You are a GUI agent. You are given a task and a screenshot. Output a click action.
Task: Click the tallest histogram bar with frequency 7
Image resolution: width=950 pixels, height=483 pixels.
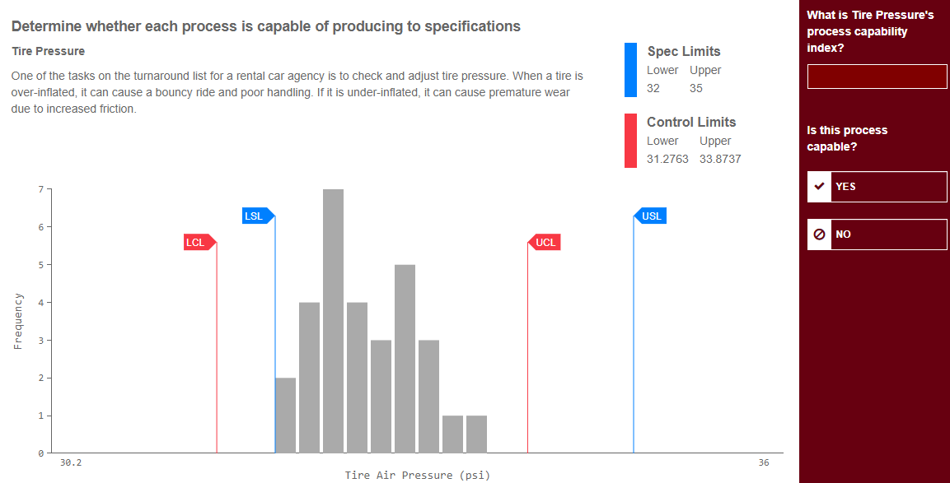coord(333,321)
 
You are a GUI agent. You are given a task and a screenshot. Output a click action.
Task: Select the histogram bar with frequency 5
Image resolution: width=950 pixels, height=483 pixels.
coord(405,358)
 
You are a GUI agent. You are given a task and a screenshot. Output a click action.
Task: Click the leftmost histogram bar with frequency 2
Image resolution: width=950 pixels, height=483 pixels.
coord(285,415)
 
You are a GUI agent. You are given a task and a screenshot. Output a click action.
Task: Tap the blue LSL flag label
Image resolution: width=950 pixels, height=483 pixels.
coord(254,216)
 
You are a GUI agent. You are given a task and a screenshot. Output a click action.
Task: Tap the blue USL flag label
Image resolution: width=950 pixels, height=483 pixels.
coord(651,216)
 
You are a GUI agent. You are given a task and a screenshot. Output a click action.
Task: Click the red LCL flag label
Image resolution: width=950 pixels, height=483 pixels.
coord(195,243)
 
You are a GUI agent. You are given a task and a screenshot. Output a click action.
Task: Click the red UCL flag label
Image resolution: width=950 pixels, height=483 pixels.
coord(545,243)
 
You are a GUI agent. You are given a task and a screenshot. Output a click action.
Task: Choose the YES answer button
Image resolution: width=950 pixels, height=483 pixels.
coord(877,187)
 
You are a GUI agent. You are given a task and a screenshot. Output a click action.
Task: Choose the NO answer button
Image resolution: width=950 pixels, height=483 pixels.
coord(877,235)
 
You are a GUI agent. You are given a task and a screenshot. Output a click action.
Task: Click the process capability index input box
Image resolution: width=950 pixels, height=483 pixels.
coord(877,77)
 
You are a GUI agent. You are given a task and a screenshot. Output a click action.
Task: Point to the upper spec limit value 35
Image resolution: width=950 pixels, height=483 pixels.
coord(696,88)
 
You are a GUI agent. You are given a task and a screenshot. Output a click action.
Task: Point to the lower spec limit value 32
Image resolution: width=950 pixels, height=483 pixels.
coord(653,88)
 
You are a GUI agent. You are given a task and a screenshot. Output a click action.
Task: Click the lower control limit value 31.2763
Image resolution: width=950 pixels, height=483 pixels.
coord(667,159)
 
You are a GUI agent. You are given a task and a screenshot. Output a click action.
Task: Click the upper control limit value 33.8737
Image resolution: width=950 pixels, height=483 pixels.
coord(720,159)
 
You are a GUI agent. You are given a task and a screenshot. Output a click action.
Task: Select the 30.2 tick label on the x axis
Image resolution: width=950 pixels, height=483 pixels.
coord(71,463)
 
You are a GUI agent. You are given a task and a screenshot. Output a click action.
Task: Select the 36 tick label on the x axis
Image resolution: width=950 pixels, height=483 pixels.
coord(764,463)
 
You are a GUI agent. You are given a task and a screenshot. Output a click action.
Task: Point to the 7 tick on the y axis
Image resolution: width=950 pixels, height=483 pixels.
coord(40,190)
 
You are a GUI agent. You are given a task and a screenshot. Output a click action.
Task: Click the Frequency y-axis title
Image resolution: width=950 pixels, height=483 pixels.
coord(17,321)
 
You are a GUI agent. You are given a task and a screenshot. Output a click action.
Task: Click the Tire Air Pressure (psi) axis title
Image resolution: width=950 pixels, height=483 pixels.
coord(417,476)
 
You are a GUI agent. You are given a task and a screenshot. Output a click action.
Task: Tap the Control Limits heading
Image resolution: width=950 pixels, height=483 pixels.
coord(691,122)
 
